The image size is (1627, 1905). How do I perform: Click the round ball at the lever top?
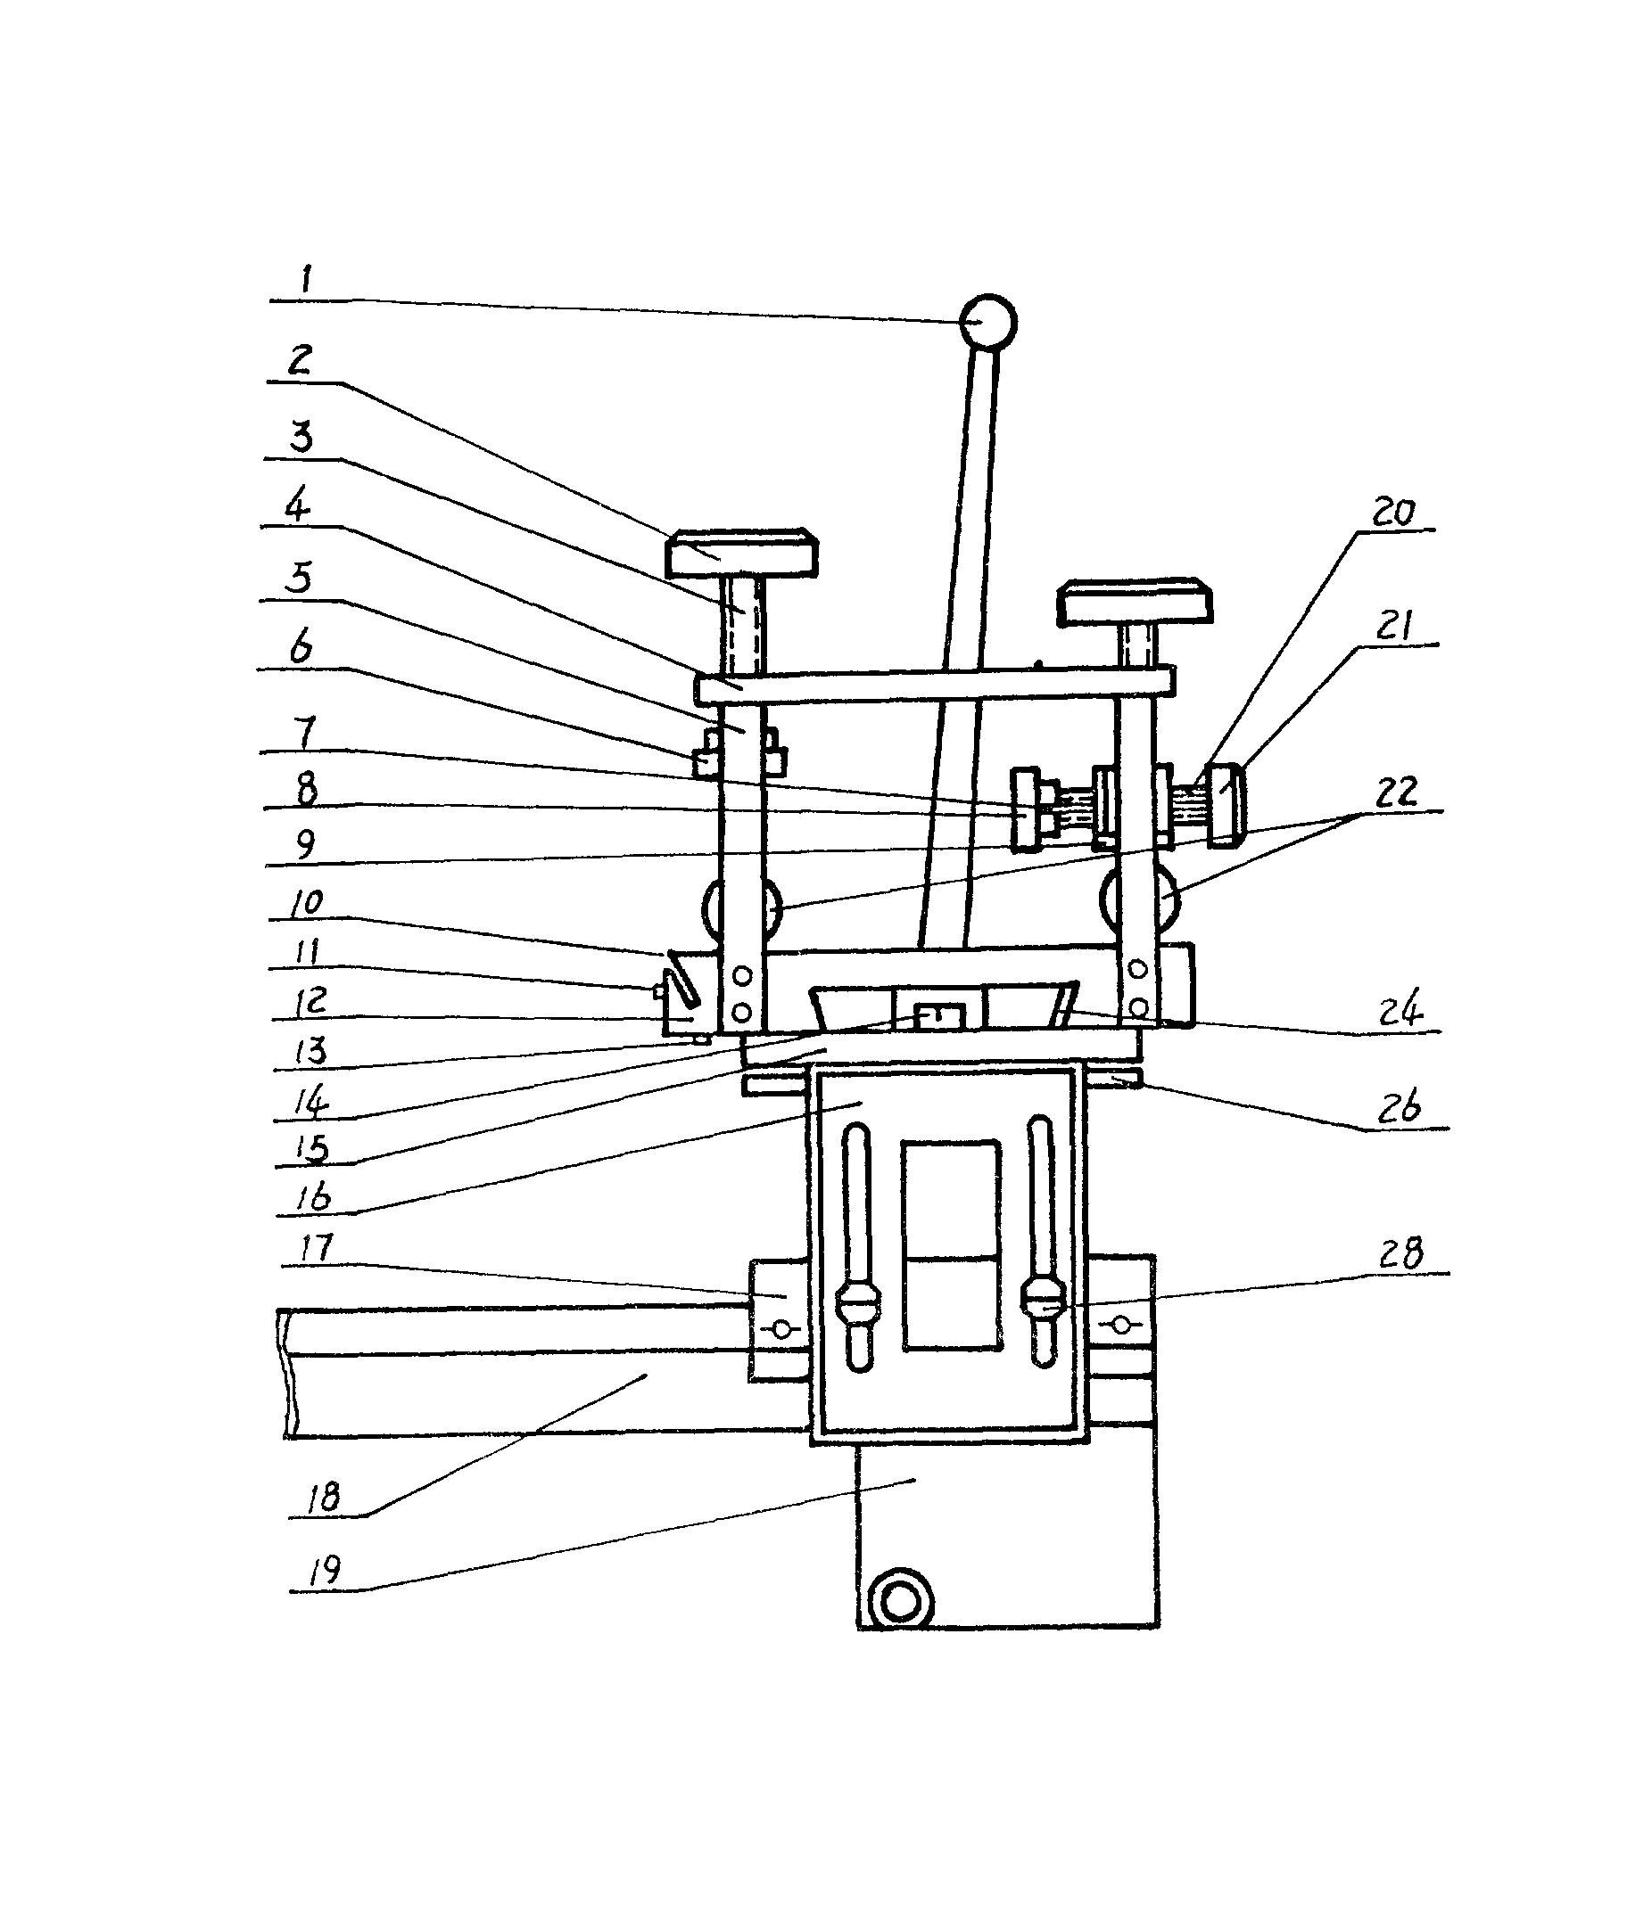[987, 322]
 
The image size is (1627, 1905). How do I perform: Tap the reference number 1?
[307, 277]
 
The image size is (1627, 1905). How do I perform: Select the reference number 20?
[1393, 511]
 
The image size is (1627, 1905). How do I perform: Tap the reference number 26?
[1399, 1108]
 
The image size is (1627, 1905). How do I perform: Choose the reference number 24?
[1400, 1008]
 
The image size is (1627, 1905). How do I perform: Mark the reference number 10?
[306, 902]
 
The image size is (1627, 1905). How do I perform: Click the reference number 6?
[301, 647]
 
